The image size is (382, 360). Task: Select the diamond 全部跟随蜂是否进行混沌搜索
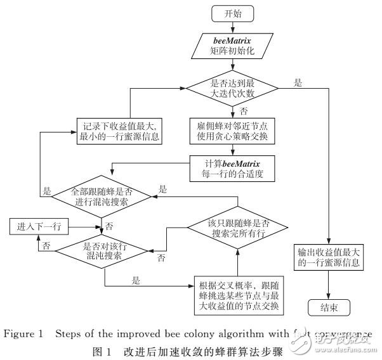[x=102, y=196]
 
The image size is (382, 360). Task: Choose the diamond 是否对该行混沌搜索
[x=102, y=253]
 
